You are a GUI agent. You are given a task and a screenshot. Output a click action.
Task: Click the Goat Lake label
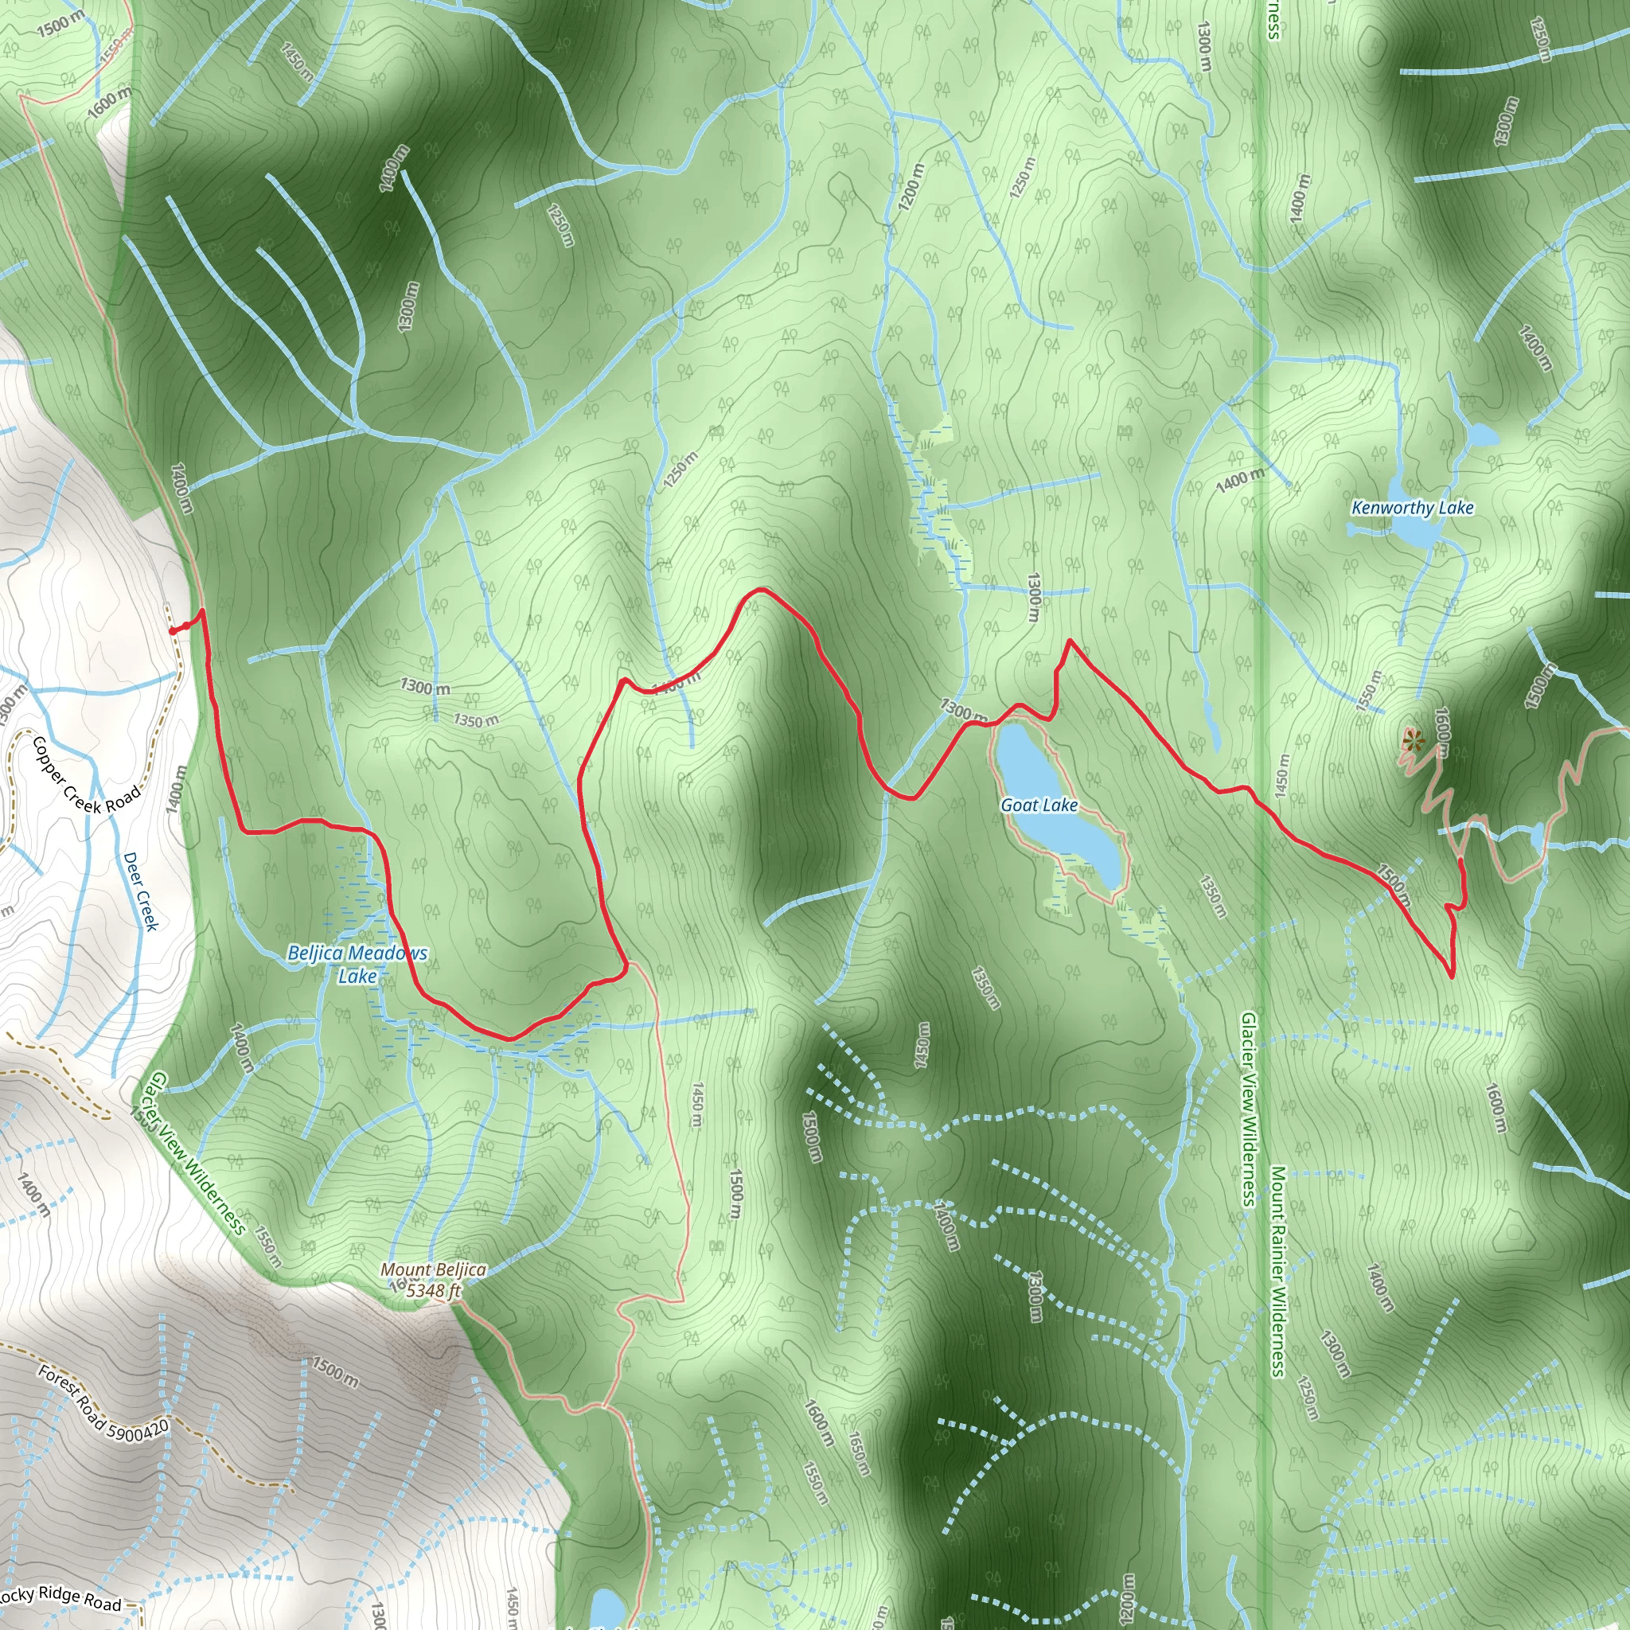(1039, 805)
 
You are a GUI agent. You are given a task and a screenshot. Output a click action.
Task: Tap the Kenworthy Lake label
(1413, 508)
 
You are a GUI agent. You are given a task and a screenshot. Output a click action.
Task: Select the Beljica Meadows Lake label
(357, 965)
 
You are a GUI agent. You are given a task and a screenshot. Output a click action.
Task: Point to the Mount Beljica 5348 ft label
(434, 1280)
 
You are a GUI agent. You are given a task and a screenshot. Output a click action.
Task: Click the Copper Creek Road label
(86, 775)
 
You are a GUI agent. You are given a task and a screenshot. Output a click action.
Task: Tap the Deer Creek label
(141, 891)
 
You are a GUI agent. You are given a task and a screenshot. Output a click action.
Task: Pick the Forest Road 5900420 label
(103, 1401)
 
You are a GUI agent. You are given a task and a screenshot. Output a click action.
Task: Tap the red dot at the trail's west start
(173, 631)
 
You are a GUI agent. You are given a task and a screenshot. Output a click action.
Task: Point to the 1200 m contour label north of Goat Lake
(911, 186)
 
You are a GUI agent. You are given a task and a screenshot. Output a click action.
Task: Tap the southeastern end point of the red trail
(1451, 977)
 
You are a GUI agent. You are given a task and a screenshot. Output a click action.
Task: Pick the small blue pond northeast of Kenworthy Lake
(1481, 436)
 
